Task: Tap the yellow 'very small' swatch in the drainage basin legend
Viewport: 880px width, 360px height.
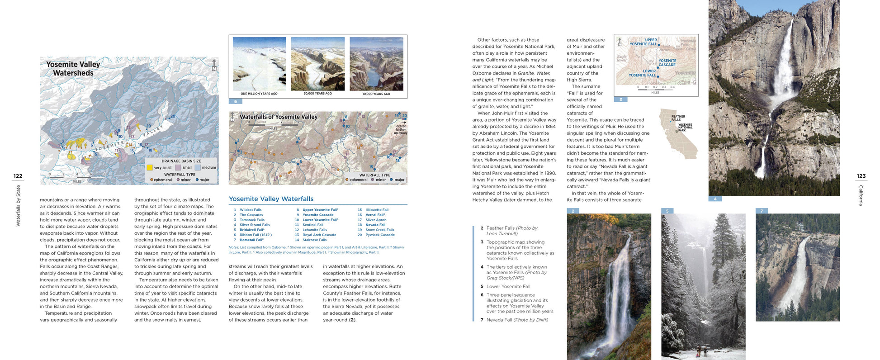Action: (x=149, y=167)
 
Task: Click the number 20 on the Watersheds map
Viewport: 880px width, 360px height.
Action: (x=173, y=116)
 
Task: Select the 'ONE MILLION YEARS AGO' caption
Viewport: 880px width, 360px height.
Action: (x=259, y=94)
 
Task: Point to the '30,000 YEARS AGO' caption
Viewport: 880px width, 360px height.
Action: (x=317, y=94)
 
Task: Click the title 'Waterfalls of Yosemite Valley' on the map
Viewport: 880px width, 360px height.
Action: (x=279, y=117)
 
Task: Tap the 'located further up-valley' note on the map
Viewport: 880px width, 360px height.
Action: (x=401, y=129)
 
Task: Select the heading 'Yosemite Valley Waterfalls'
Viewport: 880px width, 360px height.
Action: (x=271, y=199)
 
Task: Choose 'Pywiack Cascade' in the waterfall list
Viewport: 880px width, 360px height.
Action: (x=380, y=235)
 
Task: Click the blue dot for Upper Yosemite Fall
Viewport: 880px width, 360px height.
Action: (x=659, y=45)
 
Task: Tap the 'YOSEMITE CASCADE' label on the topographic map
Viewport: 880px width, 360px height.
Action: (x=667, y=62)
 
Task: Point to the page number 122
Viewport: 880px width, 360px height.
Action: (x=18, y=176)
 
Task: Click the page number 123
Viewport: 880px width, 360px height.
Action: (x=861, y=176)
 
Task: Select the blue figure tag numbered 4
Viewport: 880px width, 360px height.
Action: (x=715, y=199)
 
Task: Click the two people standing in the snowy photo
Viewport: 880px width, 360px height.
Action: (x=701, y=351)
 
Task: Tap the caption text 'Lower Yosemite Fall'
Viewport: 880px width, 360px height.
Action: (x=508, y=286)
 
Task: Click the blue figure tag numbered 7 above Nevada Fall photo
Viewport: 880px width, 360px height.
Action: (x=762, y=211)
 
